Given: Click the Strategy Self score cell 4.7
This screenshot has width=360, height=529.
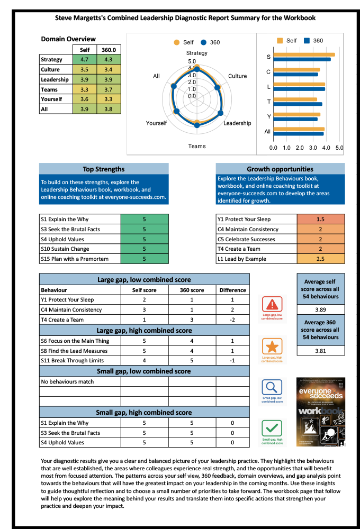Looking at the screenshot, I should (x=84, y=60).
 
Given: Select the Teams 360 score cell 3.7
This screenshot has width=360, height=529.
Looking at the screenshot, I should (x=109, y=89).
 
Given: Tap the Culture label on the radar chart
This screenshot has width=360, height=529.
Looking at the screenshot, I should (x=237, y=76).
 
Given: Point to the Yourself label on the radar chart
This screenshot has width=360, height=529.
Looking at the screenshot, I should (x=156, y=123).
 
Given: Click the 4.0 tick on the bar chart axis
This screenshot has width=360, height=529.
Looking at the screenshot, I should (x=326, y=148).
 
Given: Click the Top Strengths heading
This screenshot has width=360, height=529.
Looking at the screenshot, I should (x=104, y=169).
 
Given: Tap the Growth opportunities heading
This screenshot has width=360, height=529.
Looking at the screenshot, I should (x=280, y=169).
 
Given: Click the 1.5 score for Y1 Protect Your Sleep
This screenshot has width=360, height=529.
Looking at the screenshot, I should (x=320, y=219).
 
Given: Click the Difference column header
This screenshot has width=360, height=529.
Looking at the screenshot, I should (x=232, y=290).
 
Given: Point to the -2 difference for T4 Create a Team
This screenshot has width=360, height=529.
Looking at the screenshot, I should (x=232, y=320).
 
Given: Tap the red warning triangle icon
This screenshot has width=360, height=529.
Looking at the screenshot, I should (x=272, y=305).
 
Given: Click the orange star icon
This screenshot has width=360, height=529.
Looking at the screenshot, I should (x=272, y=346).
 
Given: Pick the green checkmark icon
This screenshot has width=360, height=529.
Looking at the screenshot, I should (x=272, y=428).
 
